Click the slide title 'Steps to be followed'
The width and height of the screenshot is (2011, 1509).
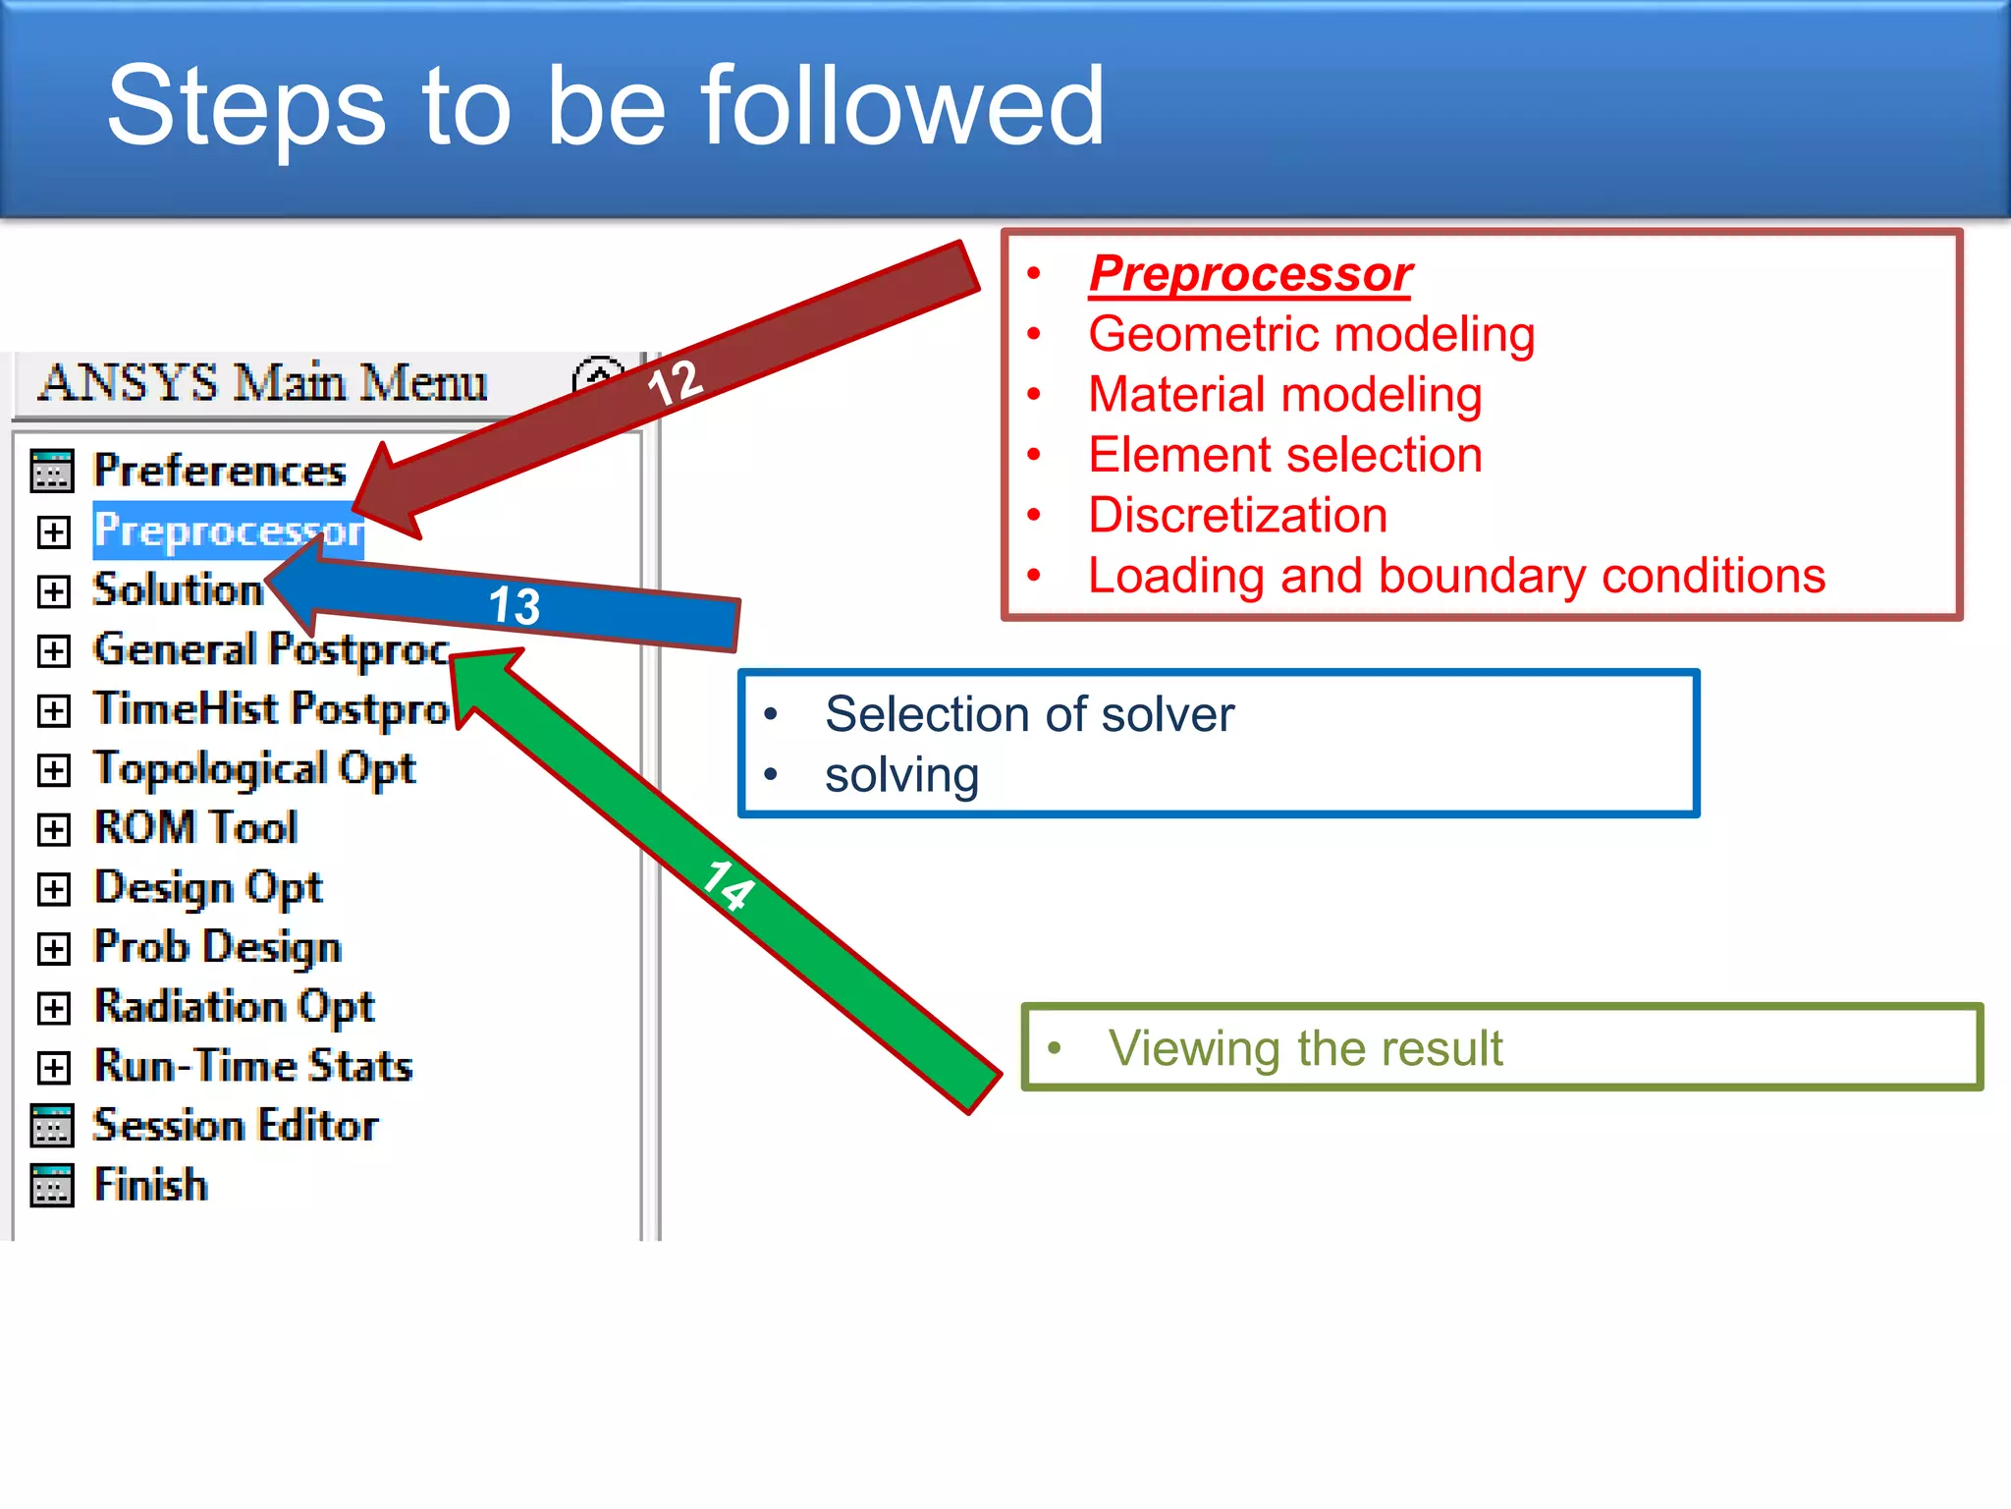point(605,106)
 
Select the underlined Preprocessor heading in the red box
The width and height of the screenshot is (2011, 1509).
point(1250,274)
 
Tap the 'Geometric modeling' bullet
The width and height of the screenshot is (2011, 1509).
point(1311,335)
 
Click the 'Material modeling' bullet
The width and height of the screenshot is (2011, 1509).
point(1284,395)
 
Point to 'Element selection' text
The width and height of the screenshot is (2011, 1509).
point(1284,456)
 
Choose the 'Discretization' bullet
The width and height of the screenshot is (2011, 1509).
point(1237,516)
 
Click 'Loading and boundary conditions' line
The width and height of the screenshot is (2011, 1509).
point(1456,577)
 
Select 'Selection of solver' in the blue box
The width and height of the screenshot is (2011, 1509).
point(1028,714)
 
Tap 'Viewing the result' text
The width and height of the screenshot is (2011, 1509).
point(1305,1048)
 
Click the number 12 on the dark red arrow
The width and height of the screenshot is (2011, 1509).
point(676,382)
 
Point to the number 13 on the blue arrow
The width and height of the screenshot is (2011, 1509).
point(515,605)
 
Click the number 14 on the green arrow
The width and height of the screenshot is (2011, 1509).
point(729,884)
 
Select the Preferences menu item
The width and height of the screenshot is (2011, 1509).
point(219,471)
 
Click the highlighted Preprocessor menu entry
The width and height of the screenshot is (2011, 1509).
point(228,531)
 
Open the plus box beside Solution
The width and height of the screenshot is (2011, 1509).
point(54,591)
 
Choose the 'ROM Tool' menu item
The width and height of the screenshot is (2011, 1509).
point(195,828)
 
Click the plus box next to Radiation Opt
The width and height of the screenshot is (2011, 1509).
point(54,1008)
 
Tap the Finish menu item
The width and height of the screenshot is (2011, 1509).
point(150,1185)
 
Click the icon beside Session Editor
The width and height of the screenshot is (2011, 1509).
point(52,1126)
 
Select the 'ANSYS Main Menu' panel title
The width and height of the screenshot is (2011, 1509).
point(262,383)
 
